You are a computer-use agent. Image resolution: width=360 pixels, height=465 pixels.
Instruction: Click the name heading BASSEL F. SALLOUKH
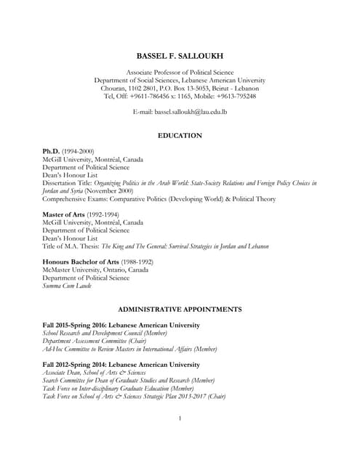coord(180,56)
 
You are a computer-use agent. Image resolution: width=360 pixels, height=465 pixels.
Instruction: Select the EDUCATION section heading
coord(180,136)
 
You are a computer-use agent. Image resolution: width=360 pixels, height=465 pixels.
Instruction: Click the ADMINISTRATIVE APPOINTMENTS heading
coord(180,309)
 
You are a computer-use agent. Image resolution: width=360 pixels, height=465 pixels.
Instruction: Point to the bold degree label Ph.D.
coord(51,151)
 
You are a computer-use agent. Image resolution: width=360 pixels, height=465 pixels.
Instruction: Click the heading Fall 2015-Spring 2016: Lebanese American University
coord(121,325)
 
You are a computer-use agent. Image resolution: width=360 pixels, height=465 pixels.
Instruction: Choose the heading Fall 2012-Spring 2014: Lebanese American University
coord(121,364)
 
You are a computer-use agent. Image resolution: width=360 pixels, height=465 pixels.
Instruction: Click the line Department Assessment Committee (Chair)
coord(95,341)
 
